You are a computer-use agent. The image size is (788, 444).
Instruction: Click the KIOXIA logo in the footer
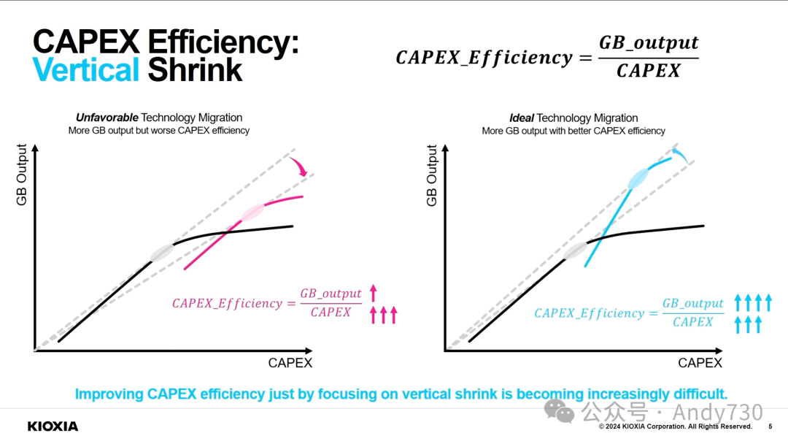[x=53, y=426]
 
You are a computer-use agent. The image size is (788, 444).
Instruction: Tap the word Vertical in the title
[x=86, y=70]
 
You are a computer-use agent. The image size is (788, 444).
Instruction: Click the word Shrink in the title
[x=195, y=70]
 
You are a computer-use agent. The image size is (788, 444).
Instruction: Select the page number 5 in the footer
[x=770, y=426]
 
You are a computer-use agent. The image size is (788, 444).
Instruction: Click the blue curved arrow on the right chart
[x=679, y=153]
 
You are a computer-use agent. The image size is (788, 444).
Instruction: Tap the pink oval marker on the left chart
[x=252, y=212]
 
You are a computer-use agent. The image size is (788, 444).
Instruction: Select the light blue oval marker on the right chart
[x=638, y=178]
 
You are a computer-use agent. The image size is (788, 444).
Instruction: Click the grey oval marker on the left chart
[x=162, y=253]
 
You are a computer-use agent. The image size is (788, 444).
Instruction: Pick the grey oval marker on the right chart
[x=576, y=250]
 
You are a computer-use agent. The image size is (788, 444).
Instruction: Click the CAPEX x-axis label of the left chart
[x=290, y=363]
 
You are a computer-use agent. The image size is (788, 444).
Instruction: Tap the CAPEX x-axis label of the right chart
[x=700, y=363]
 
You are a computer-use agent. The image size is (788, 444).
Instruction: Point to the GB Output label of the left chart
[x=22, y=175]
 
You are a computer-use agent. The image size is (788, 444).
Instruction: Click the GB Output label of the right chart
[x=432, y=175]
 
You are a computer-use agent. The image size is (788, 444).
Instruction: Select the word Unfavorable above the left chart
[x=107, y=118]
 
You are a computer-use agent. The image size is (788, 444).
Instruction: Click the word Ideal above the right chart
[x=522, y=118]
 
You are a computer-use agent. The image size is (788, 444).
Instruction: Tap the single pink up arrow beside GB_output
[x=374, y=294]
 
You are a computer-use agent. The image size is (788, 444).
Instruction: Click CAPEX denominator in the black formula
[x=648, y=71]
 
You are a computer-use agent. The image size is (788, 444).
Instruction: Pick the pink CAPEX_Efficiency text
[x=227, y=303]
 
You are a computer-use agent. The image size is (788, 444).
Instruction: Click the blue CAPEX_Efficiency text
[x=590, y=313]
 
